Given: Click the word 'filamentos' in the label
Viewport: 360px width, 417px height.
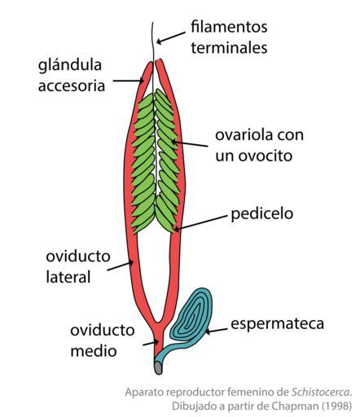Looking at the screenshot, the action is (x=229, y=27).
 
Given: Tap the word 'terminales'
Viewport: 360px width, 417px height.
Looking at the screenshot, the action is (x=229, y=47).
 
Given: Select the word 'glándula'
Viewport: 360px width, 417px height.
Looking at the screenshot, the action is (x=70, y=65).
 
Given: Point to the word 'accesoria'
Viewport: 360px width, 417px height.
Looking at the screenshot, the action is (x=72, y=86).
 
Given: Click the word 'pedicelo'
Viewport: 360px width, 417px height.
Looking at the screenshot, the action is (x=262, y=214).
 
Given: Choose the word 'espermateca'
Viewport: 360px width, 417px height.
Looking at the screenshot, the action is (x=277, y=324).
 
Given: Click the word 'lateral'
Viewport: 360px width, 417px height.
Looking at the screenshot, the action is (x=68, y=277).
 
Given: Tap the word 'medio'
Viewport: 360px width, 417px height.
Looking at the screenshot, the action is (x=94, y=350).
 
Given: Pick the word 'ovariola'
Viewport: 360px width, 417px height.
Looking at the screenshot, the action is (x=244, y=135).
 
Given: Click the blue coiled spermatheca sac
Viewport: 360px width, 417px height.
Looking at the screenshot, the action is (x=191, y=314).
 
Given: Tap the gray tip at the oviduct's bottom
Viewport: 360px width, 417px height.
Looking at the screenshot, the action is (x=159, y=368).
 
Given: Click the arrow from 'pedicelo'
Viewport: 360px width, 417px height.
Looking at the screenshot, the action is (x=200, y=223).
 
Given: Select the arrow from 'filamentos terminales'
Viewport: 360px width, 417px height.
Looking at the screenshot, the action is (x=171, y=37).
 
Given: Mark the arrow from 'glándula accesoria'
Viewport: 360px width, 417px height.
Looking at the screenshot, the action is (x=128, y=81).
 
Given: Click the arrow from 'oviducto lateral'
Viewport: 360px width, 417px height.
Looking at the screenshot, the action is (x=120, y=266).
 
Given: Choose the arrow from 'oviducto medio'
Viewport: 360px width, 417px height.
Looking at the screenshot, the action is (x=151, y=343).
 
